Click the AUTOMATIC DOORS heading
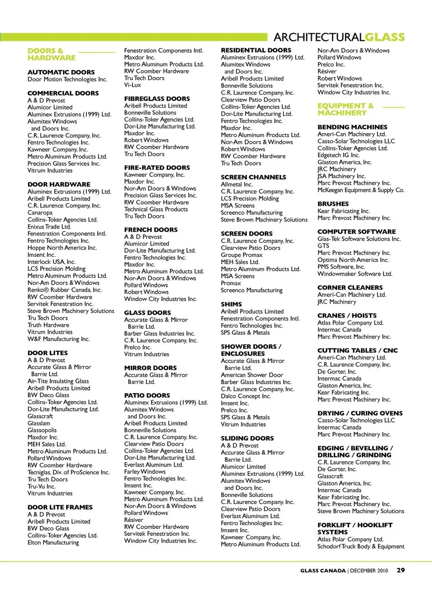(x=61, y=72)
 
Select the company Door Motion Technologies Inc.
(x=67, y=79)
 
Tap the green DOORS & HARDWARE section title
(x=51, y=54)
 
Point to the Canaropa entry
(x=40, y=213)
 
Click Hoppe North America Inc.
(x=62, y=248)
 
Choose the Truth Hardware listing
(x=49, y=325)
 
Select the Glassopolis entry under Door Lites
(x=42, y=430)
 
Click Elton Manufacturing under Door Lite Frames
(x=53, y=543)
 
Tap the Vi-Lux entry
(x=133, y=85)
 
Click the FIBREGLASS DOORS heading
(x=157, y=99)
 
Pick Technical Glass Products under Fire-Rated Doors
(x=156, y=209)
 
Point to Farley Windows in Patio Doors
(x=145, y=472)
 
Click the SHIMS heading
(x=231, y=304)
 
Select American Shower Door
(x=252, y=375)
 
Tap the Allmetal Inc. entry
(x=237, y=184)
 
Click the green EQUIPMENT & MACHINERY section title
(x=346, y=109)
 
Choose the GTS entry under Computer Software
(x=324, y=246)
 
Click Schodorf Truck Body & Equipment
(x=361, y=546)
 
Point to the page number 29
(x=400, y=570)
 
